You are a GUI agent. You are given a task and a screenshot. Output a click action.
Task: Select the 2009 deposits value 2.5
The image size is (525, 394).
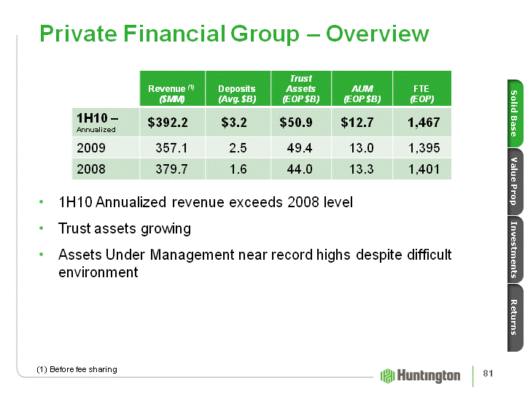[x=237, y=148]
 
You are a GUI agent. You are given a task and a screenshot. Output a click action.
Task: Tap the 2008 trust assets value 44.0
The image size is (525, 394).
[x=300, y=169]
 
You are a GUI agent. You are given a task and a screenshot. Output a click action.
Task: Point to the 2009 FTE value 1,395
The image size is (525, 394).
[x=423, y=148]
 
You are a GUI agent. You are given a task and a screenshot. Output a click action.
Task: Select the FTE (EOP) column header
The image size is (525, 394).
[x=423, y=93]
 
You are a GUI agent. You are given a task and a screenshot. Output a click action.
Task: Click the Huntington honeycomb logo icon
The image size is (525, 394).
[x=388, y=376]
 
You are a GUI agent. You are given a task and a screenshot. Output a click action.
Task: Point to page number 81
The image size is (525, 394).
[x=488, y=374]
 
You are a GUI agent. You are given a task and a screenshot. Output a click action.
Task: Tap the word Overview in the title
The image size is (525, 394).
[x=377, y=34]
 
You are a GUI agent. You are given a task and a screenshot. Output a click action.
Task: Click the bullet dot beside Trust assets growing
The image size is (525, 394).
[x=43, y=229]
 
